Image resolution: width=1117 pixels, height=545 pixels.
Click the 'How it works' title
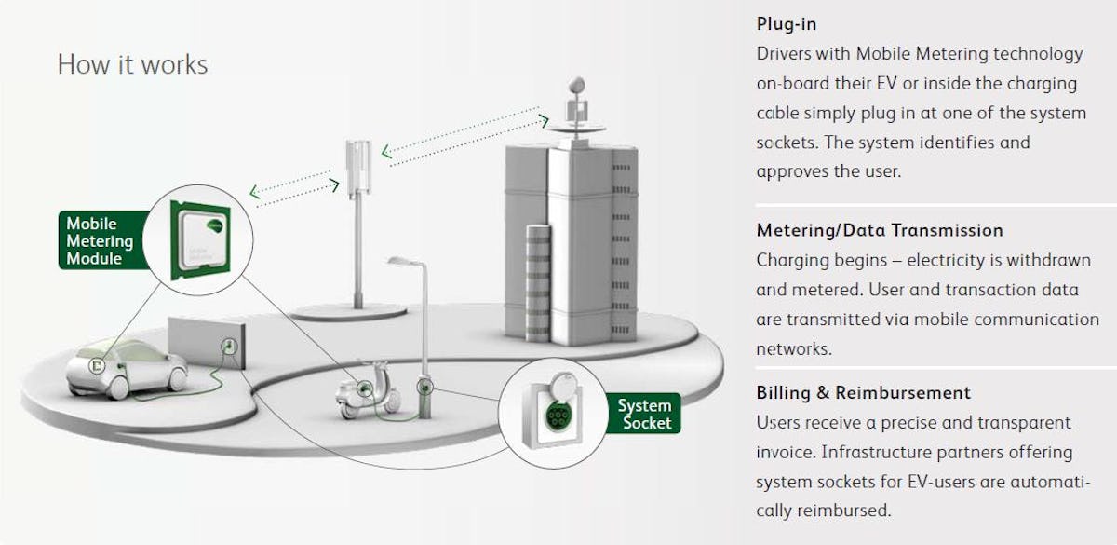[132, 64]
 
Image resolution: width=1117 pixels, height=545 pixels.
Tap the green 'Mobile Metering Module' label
[100, 240]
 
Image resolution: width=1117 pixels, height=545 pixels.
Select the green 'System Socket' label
[644, 414]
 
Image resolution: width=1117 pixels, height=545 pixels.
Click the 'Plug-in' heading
[787, 24]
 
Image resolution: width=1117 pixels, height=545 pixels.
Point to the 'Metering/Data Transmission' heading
[879, 230]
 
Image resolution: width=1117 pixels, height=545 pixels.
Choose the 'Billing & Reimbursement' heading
[863, 392]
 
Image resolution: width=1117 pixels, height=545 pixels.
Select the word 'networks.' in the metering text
[793, 348]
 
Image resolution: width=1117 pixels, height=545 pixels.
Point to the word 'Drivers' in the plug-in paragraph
[784, 54]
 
